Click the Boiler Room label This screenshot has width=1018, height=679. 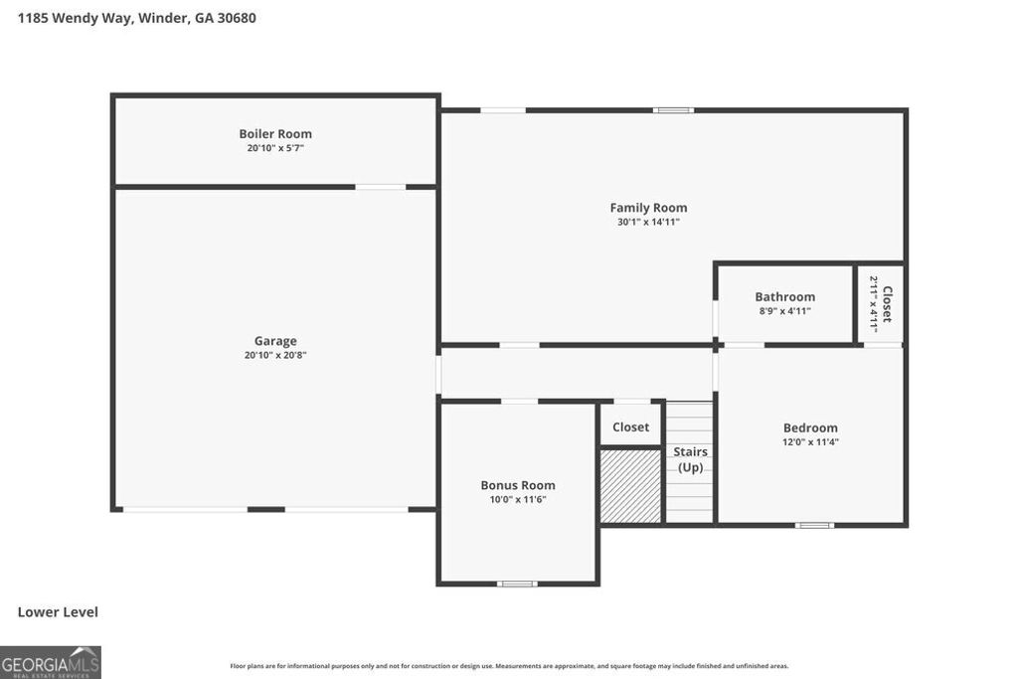275,134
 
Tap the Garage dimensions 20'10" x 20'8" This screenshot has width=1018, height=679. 275,355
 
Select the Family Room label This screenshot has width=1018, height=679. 648,208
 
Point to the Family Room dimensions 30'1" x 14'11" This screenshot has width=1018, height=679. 648,222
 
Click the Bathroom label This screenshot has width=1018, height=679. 784,296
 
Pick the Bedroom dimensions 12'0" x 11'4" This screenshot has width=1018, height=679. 810,442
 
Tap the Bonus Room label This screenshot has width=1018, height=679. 518,485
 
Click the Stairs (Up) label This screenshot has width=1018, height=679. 690,459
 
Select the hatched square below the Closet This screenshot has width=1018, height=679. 630,485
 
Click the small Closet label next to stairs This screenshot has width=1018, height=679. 630,426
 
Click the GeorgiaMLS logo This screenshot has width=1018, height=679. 51,662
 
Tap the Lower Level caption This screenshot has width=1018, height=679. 58,612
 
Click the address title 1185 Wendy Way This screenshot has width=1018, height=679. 137,18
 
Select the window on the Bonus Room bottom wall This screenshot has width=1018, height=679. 517,584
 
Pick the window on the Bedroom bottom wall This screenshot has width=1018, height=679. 815,525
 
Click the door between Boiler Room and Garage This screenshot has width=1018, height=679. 381,187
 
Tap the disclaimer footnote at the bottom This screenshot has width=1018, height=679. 509,666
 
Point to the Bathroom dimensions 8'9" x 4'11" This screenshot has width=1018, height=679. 784,311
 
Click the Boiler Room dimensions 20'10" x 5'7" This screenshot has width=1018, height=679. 275,148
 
